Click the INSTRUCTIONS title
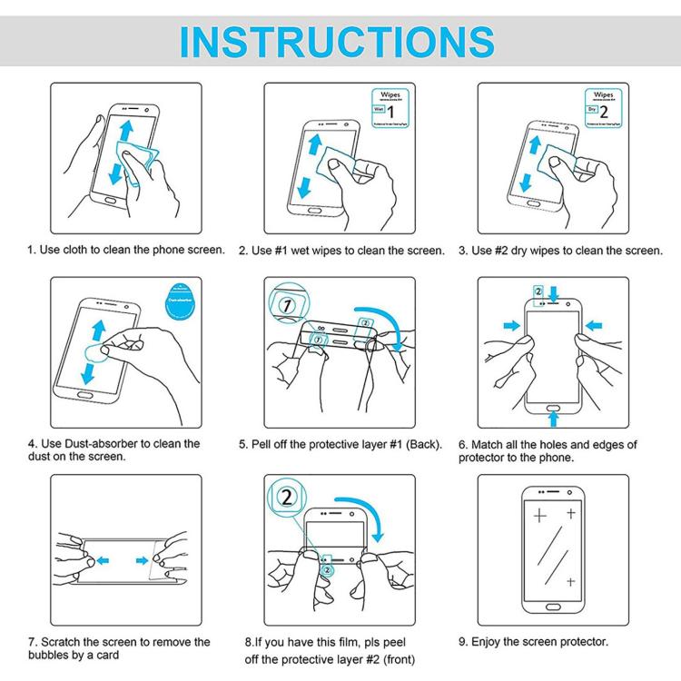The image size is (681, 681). point(340,40)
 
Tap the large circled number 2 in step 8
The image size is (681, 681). point(287,498)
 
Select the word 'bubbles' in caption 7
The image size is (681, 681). point(49,656)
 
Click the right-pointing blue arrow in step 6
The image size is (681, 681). point(513,325)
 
